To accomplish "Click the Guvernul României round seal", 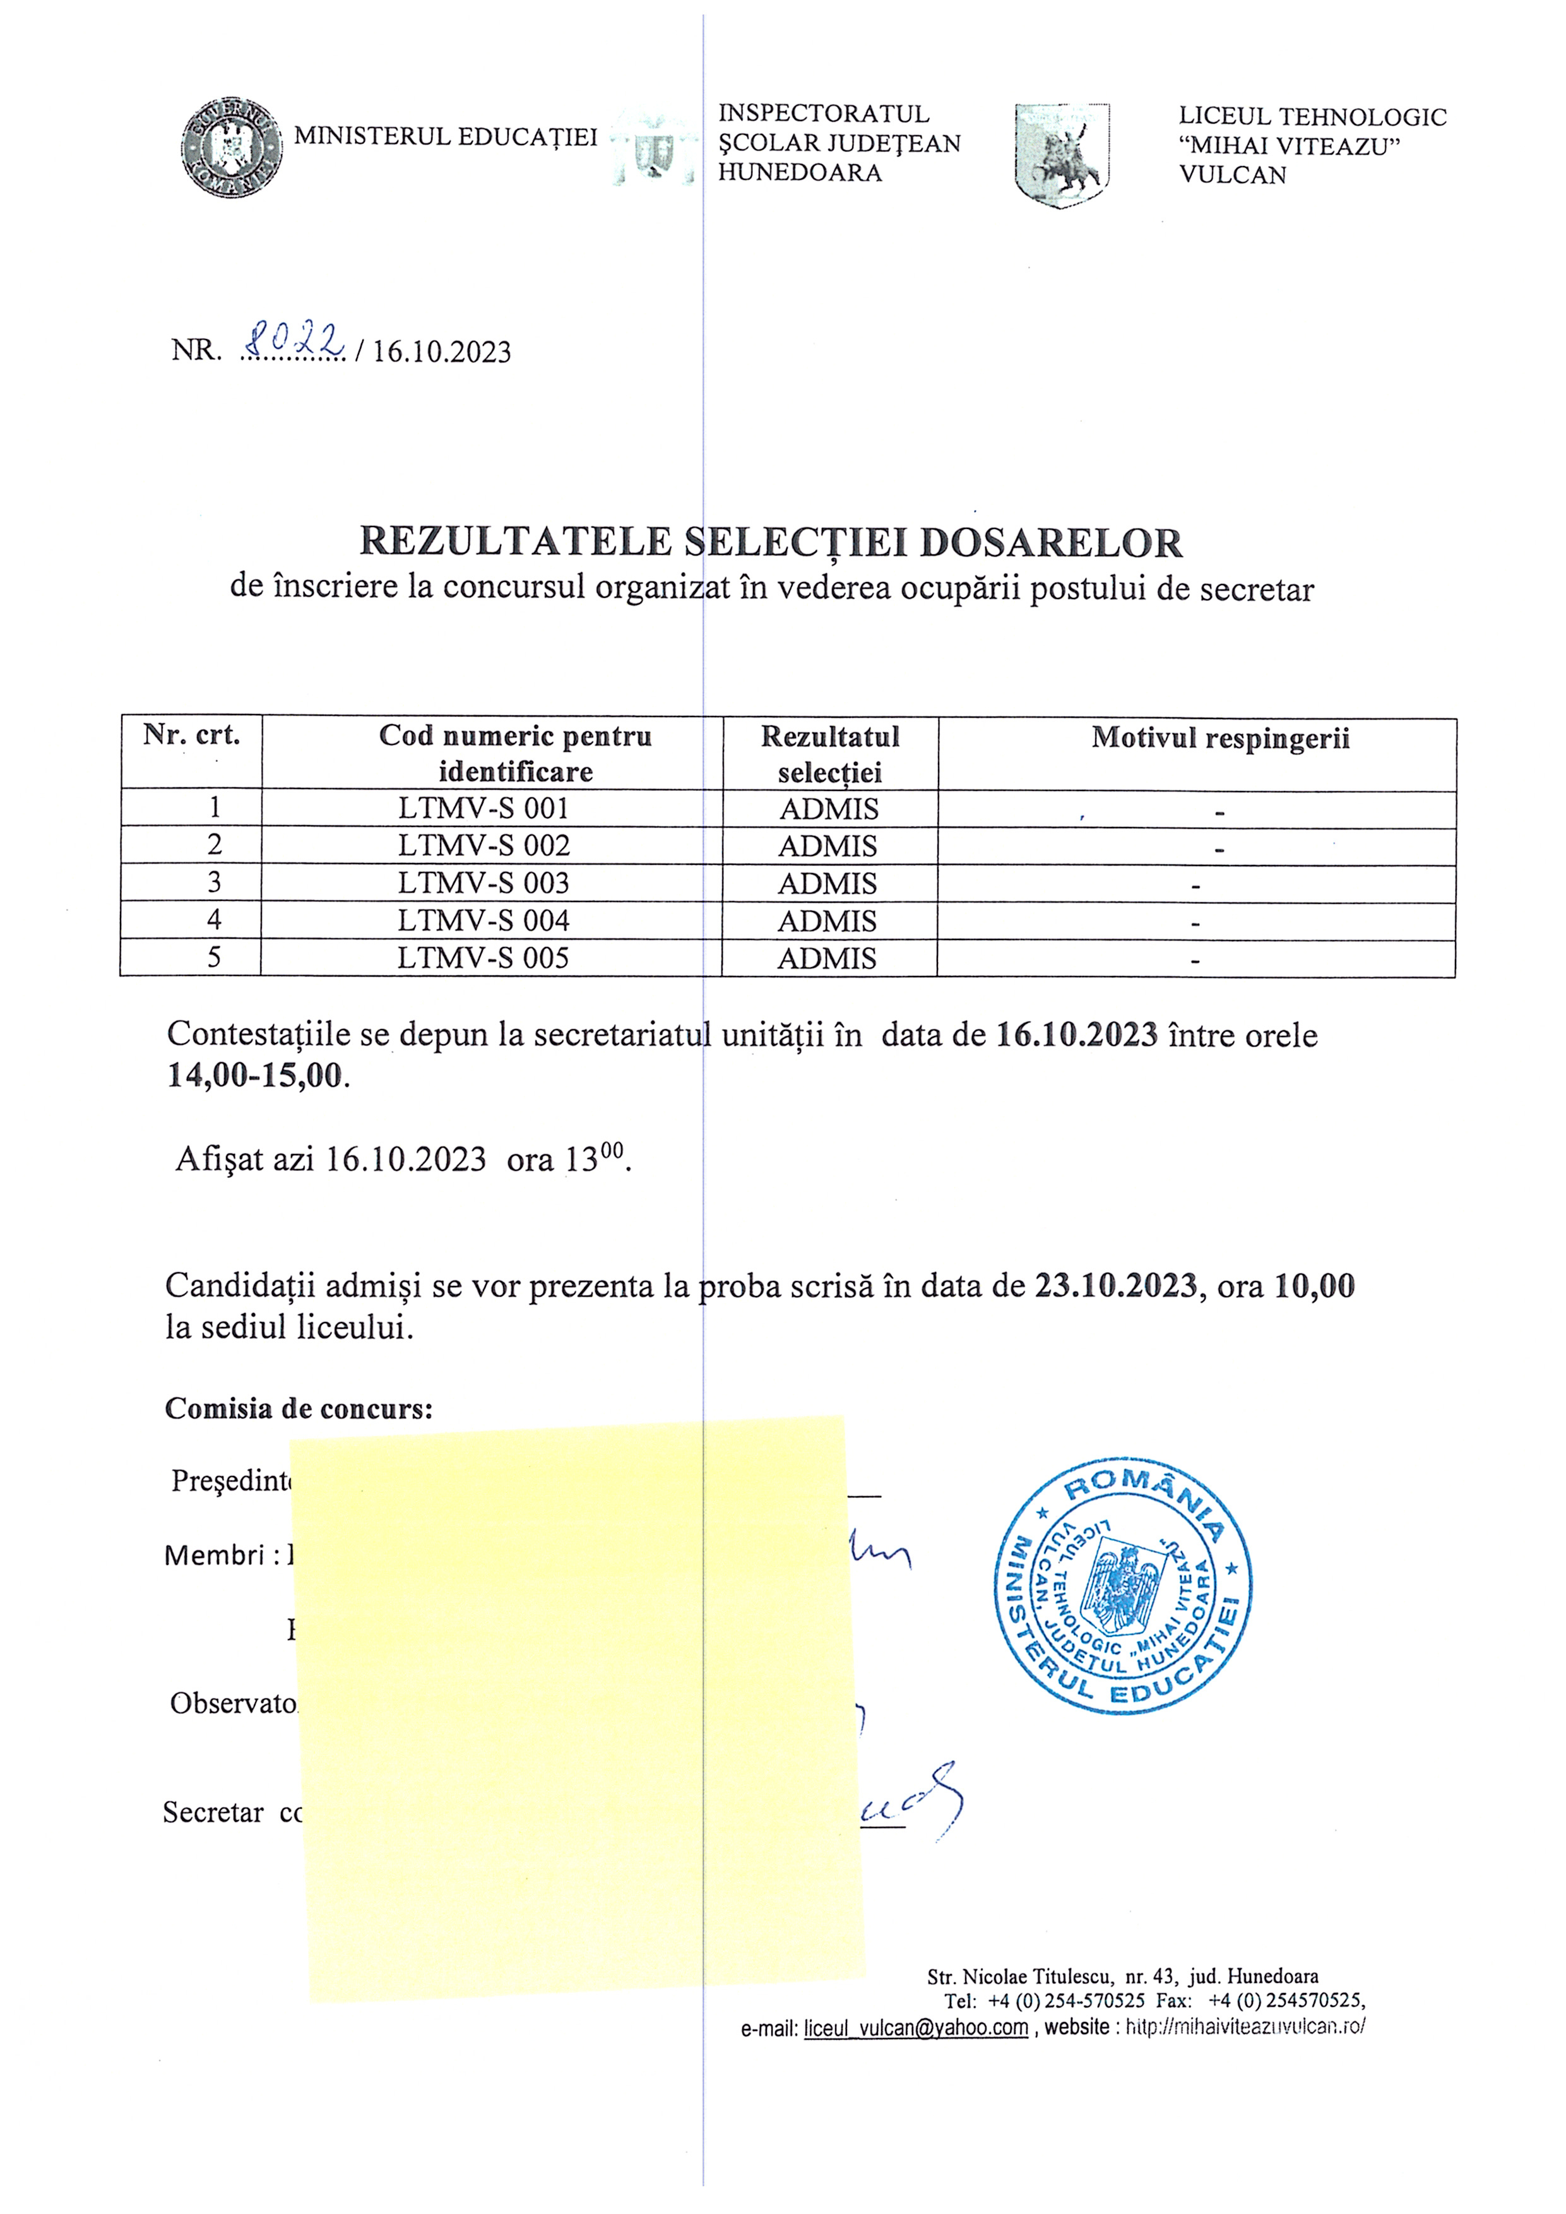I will click(232, 148).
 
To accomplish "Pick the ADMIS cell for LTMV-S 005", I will click(827, 958).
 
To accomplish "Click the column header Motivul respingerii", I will click(1220, 739).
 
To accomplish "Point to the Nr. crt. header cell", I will click(191, 735).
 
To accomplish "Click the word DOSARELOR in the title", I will click(1050, 543).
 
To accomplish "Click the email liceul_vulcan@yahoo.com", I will click(916, 2027).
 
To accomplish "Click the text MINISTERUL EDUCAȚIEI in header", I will click(446, 137).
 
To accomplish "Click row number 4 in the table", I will click(214, 920).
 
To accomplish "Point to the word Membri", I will click(214, 1556).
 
